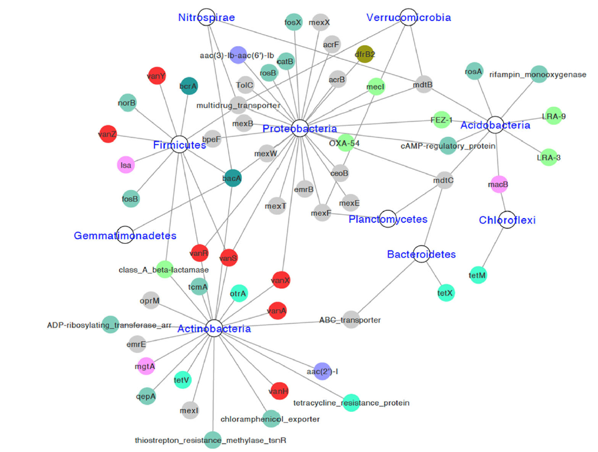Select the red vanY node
157,76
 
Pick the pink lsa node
126,164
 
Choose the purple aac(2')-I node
322,371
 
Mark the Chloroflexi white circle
506,219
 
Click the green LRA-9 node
554,116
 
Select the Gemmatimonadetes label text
125,236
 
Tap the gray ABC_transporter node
350,320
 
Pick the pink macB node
499,184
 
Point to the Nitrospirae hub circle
207,17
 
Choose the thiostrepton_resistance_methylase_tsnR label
210,440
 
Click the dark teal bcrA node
188,86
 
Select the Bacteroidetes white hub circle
422,253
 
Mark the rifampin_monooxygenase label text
538,75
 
